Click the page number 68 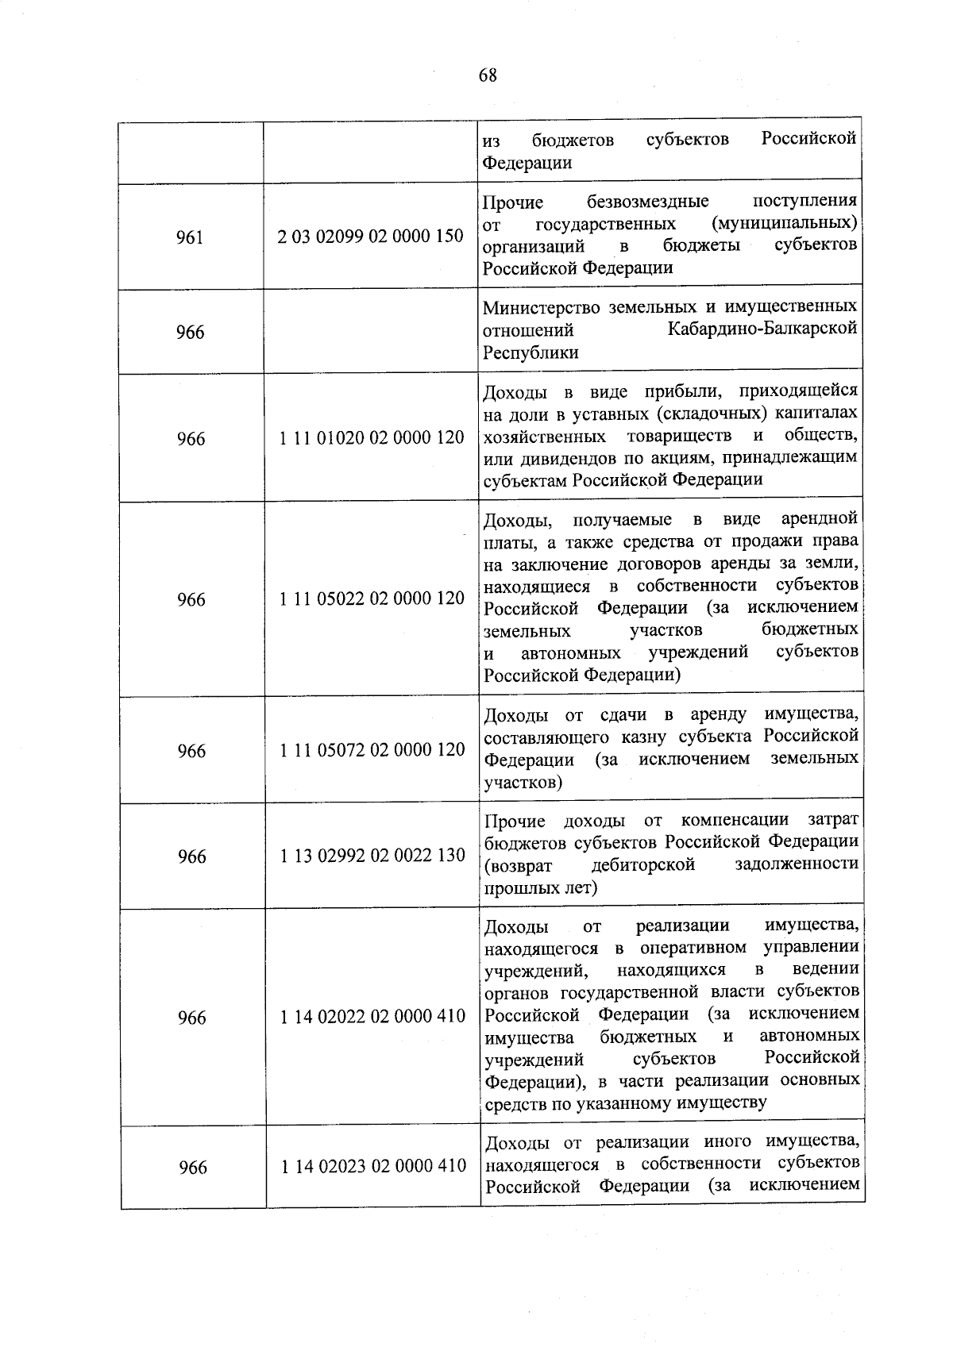(488, 75)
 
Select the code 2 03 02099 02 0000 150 (371, 236)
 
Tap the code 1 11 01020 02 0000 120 (372, 437)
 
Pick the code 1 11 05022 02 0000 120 (372, 598)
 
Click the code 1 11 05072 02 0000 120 (372, 749)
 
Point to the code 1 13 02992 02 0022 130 (372, 855)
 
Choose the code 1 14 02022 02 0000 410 (372, 1016)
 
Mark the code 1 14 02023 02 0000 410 (373, 1165)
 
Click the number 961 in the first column (190, 237)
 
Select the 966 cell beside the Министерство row (191, 332)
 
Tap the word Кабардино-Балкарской (762, 329)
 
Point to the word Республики (531, 352)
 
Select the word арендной (819, 519)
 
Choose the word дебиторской (644, 864)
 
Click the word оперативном (693, 947)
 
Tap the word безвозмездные (648, 202)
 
